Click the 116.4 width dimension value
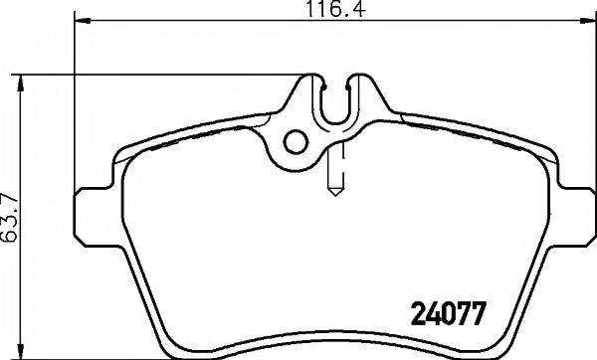click(x=335, y=8)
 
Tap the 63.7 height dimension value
click(x=9, y=218)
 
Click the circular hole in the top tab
click(x=296, y=142)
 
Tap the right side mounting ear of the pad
click(x=573, y=217)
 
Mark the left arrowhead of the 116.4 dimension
click(x=82, y=21)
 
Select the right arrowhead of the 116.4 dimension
click(x=587, y=21)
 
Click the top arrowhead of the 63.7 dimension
click(x=21, y=83)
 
